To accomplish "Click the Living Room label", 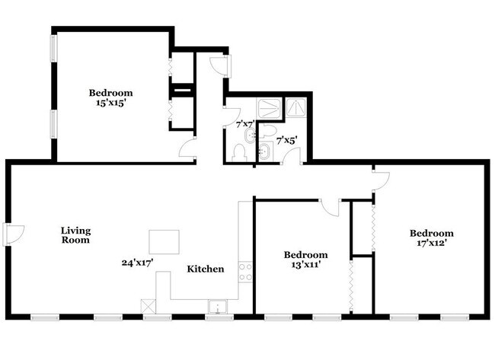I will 75,235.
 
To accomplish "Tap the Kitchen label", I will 206,269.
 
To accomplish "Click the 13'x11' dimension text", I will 305,265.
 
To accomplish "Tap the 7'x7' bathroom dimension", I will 244,123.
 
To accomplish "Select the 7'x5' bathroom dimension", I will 286,140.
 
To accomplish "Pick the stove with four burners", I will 245,272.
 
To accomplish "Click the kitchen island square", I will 164,242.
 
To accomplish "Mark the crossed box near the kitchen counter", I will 148,305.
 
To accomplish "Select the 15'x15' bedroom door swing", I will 187,151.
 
